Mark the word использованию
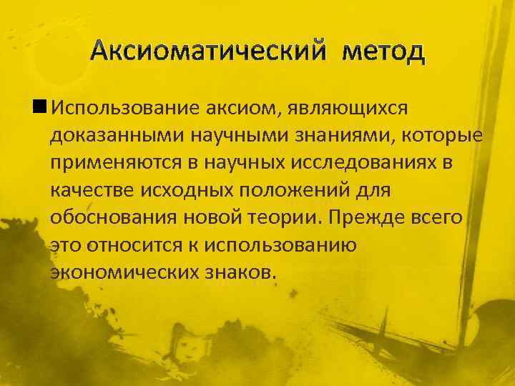pyautogui.click(x=286, y=244)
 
